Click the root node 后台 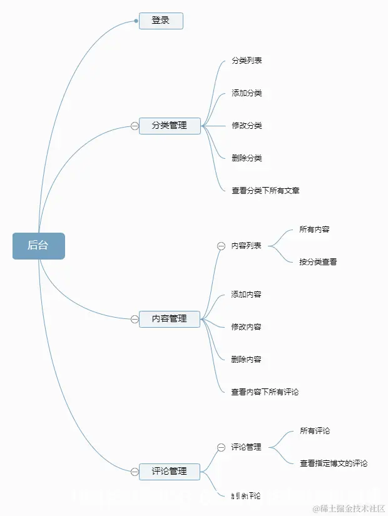click(38, 246)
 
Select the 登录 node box click(161, 21)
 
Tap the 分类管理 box click(170, 126)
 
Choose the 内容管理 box click(170, 318)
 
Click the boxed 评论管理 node click(170, 471)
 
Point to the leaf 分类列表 click(247, 61)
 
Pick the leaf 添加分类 click(247, 93)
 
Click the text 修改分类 click(247, 126)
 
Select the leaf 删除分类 click(247, 158)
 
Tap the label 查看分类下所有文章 click(265, 191)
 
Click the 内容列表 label click(246, 246)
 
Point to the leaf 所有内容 click(314, 230)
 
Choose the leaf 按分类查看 click(318, 262)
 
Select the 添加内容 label click(246, 295)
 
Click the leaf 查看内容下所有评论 click(265, 392)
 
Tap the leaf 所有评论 click(315, 431)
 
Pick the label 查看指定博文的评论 click(334, 463)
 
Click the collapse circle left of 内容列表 click(221, 246)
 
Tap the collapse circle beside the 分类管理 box click(135, 126)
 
